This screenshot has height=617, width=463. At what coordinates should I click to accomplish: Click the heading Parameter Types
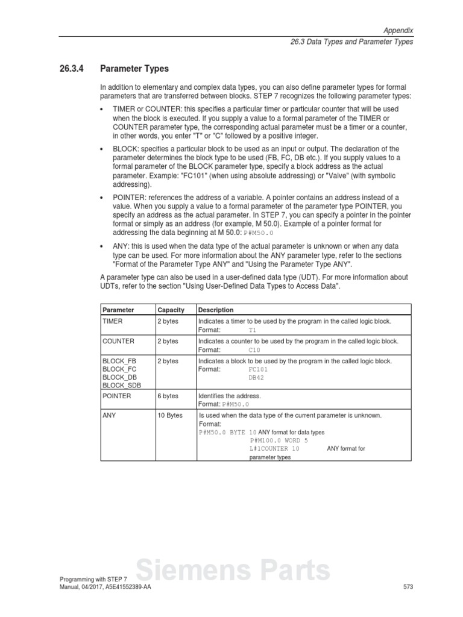134,69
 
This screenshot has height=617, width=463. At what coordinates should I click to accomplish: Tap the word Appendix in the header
398,30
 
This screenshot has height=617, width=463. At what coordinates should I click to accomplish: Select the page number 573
408,587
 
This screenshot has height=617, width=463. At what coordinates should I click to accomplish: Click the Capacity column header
171,310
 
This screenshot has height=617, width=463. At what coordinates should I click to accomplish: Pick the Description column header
216,310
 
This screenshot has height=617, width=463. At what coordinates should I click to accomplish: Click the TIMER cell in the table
113,322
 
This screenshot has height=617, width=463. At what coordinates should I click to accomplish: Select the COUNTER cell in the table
118,341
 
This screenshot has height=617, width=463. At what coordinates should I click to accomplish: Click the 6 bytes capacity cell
168,396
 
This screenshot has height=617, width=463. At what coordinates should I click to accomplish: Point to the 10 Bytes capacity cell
170,416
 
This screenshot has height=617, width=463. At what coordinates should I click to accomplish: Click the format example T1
252,330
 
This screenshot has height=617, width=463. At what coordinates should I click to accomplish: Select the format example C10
254,349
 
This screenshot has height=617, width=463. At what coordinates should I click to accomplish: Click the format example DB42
256,377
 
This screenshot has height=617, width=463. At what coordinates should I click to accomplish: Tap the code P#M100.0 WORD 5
279,440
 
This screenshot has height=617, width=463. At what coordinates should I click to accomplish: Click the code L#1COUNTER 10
274,449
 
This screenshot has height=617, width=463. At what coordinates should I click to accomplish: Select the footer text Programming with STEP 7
93,579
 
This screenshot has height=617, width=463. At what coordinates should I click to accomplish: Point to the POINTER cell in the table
117,396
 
